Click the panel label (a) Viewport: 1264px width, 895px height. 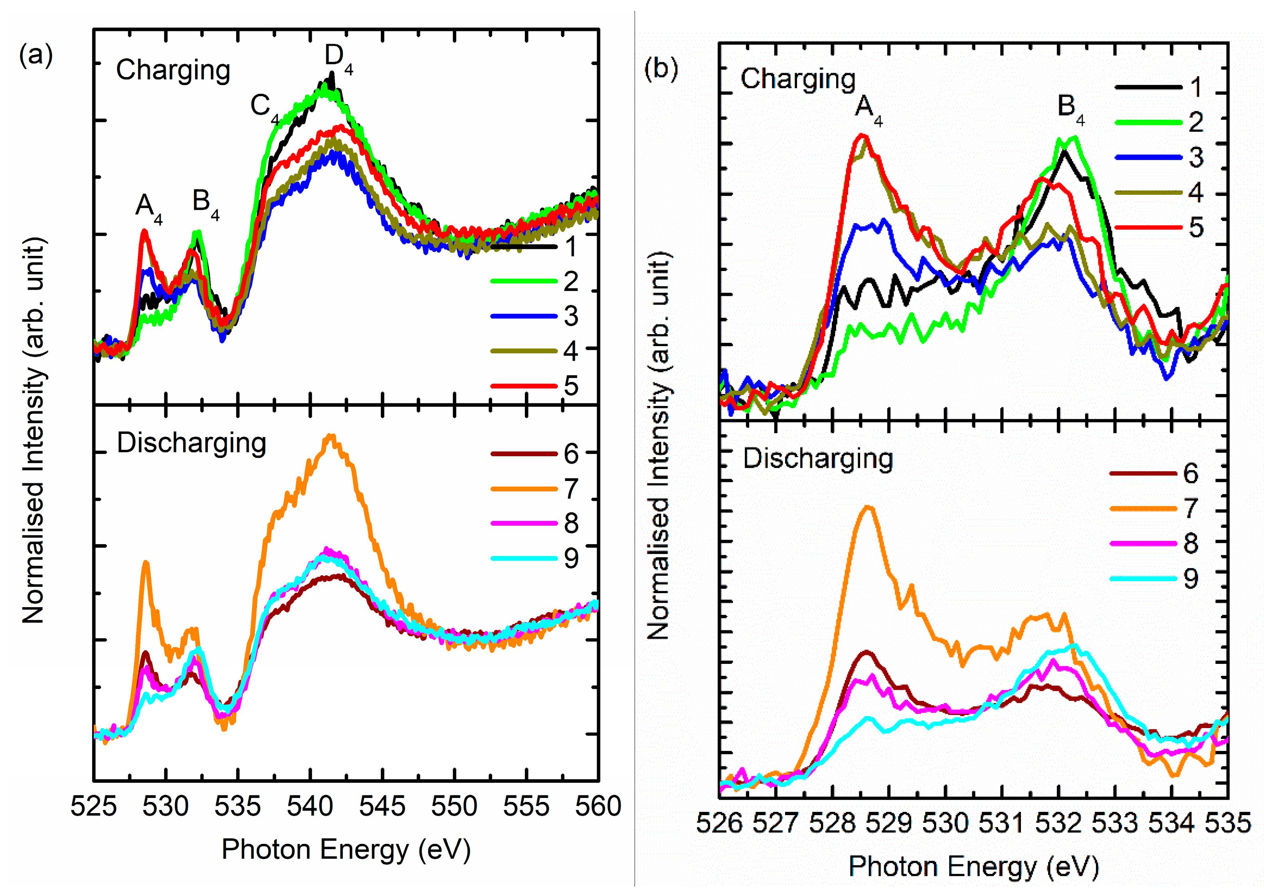pyautogui.click(x=36, y=55)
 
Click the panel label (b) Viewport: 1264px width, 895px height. pyautogui.click(x=661, y=70)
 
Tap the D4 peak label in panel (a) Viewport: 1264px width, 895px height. pyautogui.click(x=337, y=58)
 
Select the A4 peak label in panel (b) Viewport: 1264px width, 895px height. pyautogui.click(x=867, y=109)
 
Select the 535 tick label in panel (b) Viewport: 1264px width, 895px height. pyautogui.click(x=1228, y=824)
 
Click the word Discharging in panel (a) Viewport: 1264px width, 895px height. pyautogui.click(x=191, y=443)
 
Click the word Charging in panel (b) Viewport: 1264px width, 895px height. pyautogui.click(x=797, y=79)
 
